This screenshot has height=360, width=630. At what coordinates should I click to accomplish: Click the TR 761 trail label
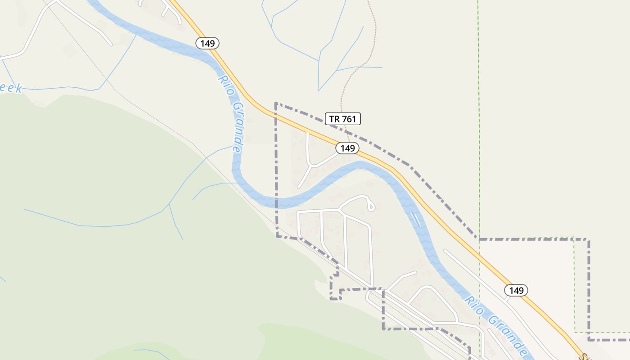343,119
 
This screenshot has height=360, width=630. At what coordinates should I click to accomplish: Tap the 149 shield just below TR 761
347,148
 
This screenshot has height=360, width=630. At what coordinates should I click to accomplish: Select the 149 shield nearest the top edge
207,43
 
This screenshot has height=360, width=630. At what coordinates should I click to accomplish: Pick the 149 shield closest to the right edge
516,290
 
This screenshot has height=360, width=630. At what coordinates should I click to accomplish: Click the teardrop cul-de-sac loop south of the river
370,205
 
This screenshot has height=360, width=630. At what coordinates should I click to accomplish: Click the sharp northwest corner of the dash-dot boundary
275,103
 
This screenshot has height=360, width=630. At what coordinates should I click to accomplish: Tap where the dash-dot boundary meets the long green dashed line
480,239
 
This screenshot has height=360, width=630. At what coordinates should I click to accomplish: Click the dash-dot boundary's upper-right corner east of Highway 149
589,240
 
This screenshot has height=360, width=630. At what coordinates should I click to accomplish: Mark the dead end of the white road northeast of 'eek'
111,45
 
